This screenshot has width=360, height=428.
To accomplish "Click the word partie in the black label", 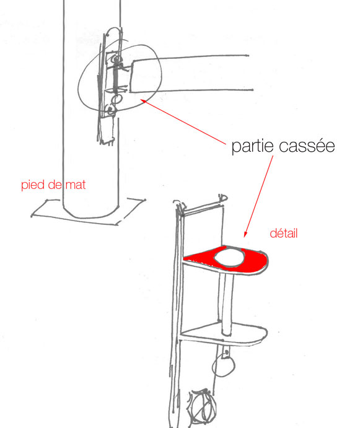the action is pyautogui.click(x=252, y=146).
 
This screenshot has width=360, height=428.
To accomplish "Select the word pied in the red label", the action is pyautogui.click(x=33, y=185).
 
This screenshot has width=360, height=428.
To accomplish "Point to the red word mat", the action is pyautogui.click(x=76, y=185).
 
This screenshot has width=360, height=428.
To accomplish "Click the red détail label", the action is pyautogui.click(x=284, y=234).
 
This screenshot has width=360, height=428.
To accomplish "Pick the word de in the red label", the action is pyautogui.click(x=55, y=185).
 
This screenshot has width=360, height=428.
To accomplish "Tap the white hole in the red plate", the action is pyautogui.click(x=229, y=258).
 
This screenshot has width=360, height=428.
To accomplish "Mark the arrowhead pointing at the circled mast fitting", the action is pyautogui.click(x=143, y=102).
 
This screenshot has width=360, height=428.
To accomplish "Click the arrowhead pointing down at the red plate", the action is pyautogui.click(x=245, y=234).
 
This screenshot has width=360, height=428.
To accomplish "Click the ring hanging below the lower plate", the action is pyautogui.click(x=224, y=366).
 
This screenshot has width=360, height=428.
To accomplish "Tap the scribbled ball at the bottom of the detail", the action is pyautogui.click(x=201, y=406).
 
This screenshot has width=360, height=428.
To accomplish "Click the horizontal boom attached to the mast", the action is pyautogui.click(x=191, y=74).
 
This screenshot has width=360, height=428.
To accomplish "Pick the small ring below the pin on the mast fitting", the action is pyautogui.click(x=116, y=99).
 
